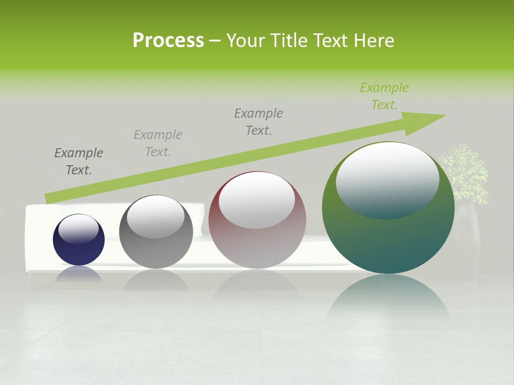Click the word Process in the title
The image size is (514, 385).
(168, 41)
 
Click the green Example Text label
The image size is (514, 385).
(384, 96)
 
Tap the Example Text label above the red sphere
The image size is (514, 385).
(259, 121)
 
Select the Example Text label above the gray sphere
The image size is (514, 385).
(158, 143)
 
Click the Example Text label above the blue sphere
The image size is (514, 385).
(79, 161)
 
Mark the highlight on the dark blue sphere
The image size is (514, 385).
(79, 229)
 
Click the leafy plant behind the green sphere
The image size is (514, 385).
(465, 171)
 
